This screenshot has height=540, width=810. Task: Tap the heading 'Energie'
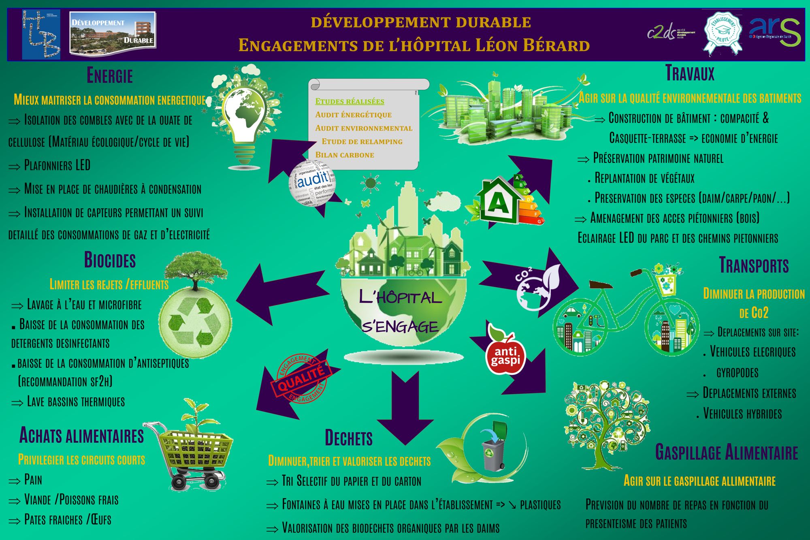click(x=110, y=76)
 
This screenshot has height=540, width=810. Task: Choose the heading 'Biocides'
click(x=110, y=260)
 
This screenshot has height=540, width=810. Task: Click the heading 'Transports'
click(x=754, y=265)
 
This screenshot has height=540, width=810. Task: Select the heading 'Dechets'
click(x=349, y=438)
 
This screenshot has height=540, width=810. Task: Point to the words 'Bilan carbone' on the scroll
click(x=345, y=155)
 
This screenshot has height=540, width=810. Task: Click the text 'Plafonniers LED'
click(x=57, y=165)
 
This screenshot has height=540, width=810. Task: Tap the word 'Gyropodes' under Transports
click(x=737, y=373)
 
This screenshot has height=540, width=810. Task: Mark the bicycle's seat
click(x=601, y=285)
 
